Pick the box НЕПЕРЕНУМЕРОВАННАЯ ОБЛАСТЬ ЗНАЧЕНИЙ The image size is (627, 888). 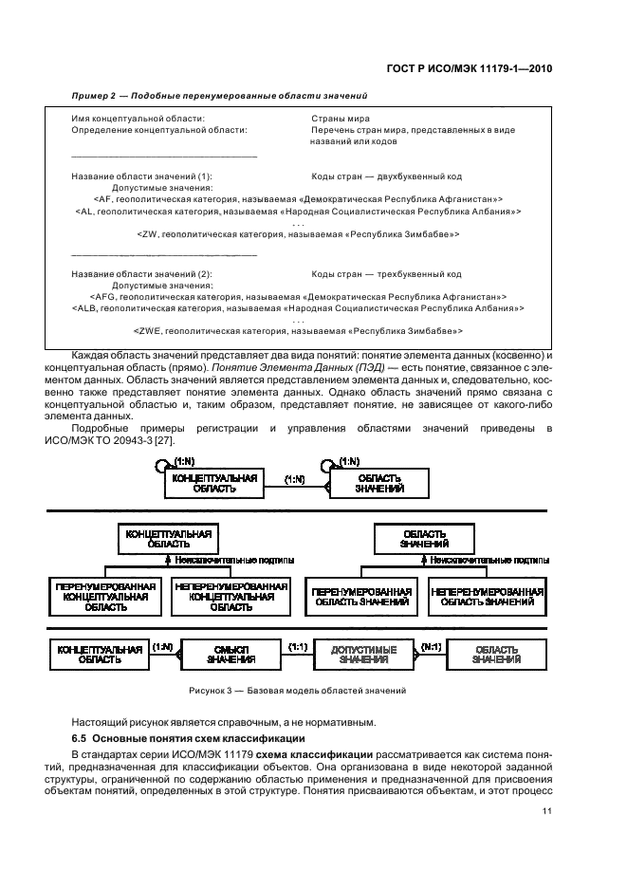pyautogui.click(x=487, y=597)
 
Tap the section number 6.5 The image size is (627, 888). pyautogui.click(x=80, y=736)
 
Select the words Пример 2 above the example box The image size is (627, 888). pyautogui.click(x=93, y=97)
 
